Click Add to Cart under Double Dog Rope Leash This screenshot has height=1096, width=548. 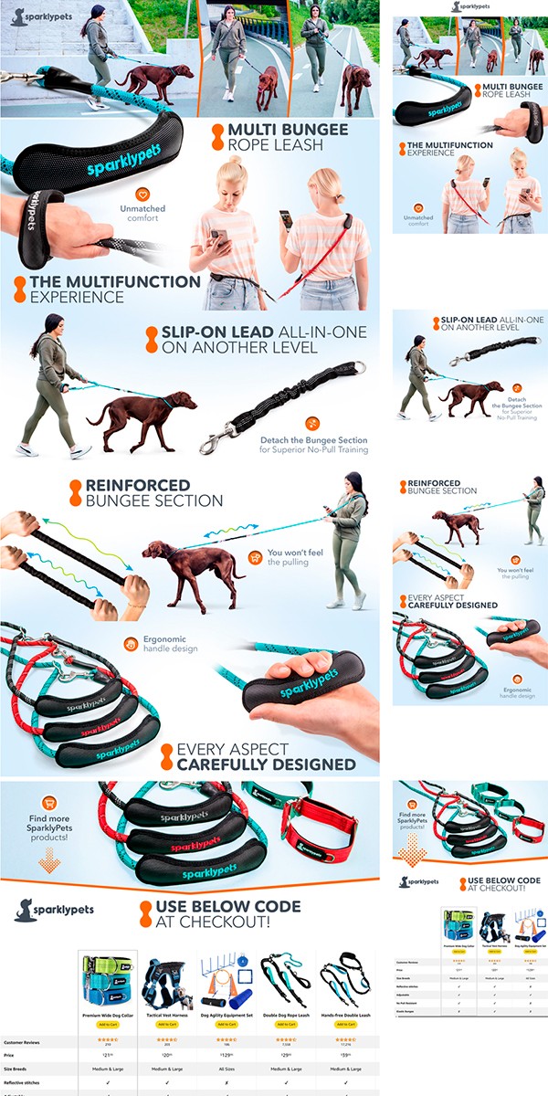point(285,1024)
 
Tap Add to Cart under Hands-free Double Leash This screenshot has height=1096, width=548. point(344,1024)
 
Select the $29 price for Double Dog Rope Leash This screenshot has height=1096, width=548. point(285,1054)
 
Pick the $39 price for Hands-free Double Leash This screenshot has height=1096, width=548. point(344,1054)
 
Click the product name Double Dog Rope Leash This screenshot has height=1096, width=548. point(285,1014)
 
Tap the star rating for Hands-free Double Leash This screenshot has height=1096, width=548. point(344,1039)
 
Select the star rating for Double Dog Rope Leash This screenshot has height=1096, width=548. point(285,1039)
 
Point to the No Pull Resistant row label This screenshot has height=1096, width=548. point(412,1004)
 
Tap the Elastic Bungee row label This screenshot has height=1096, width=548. point(411,1012)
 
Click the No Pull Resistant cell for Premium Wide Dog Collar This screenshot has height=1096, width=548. point(458,1004)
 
